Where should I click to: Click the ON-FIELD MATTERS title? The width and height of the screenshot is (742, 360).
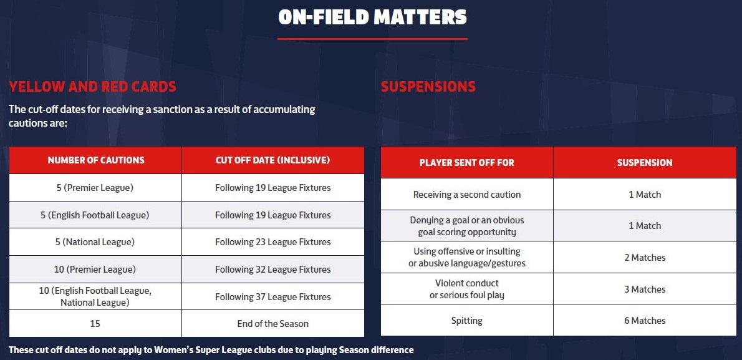[x=372, y=17]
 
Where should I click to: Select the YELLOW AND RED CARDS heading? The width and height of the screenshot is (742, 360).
[x=93, y=87]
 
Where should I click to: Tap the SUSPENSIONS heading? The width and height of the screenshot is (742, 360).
[x=428, y=87]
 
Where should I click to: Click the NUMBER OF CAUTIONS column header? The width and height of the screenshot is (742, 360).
[x=95, y=160]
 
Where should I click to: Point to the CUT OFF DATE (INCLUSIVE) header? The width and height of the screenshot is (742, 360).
[x=273, y=160]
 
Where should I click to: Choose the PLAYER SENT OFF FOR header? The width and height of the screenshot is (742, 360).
[x=467, y=162]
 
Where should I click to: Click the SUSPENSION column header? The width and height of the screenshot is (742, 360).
[x=645, y=162]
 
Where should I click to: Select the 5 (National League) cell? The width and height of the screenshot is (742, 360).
[x=95, y=242]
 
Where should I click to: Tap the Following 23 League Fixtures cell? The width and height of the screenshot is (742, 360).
[x=273, y=242]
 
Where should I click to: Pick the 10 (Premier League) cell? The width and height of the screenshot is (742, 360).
[x=95, y=270]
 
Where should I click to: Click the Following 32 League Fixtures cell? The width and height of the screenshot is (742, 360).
[x=273, y=270]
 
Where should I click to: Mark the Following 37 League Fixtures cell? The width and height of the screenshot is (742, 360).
[x=273, y=297]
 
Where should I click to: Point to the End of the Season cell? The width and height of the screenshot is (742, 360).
[x=273, y=324]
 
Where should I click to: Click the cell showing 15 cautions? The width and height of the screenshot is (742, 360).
[x=95, y=324]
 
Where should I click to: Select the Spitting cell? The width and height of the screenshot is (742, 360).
[x=467, y=321]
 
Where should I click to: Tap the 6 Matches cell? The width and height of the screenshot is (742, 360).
[x=645, y=321]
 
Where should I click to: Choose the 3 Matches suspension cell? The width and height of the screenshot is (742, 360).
[x=645, y=289]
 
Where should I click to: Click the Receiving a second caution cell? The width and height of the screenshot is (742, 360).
[x=467, y=194]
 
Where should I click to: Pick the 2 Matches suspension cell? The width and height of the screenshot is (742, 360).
[x=645, y=258]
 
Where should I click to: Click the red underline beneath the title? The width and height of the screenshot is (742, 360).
[x=372, y=39]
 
